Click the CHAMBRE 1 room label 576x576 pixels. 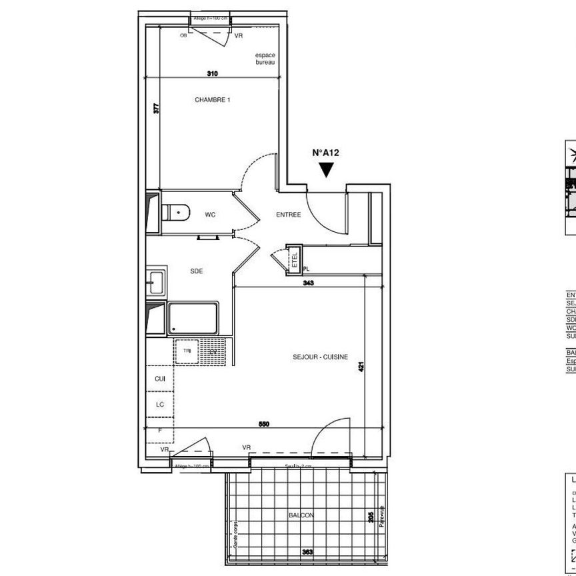212,100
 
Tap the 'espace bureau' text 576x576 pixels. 265,59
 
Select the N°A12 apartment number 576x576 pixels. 326,153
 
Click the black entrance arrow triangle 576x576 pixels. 326,169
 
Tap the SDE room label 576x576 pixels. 196,271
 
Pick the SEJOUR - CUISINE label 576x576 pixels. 320,357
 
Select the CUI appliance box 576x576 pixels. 159,379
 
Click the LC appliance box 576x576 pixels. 159,404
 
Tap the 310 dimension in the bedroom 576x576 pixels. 212,73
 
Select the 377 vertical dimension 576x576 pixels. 157,109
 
